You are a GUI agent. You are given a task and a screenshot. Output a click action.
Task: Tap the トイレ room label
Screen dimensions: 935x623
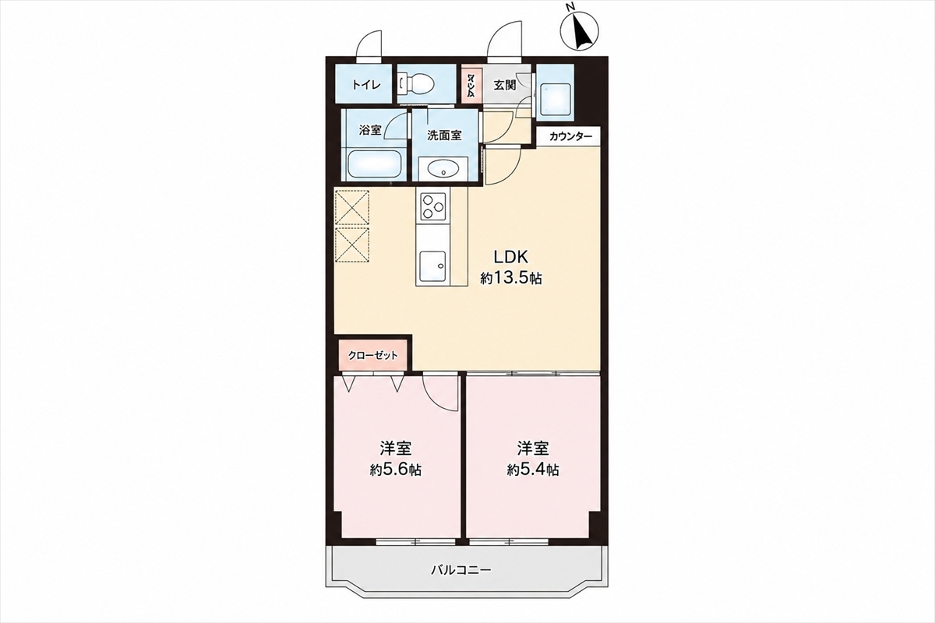click(366, 85)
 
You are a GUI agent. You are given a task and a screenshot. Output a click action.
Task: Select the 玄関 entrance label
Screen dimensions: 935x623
click(505, 86)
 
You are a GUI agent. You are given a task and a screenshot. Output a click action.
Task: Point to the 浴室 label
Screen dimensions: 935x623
click(370, 130)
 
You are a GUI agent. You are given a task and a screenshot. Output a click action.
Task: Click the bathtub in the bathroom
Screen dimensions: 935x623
click(376, 164)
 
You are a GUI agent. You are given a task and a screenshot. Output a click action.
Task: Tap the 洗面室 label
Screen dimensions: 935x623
click(444, 136)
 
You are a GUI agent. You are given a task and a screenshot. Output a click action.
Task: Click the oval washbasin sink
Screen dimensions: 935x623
click(444, 170)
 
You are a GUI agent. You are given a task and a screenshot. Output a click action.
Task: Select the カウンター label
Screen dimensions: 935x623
click(570, 136)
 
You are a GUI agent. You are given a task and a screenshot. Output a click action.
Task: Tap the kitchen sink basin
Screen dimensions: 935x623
click(432, 266)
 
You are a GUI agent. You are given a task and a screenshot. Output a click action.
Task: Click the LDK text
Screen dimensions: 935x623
click(511, 258)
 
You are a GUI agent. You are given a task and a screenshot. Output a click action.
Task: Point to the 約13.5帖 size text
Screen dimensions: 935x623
click(511, 278)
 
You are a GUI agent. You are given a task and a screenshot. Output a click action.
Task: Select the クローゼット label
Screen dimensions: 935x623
click(372, 356)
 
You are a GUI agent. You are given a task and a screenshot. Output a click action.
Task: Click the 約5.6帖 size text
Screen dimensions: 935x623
click(395, 470)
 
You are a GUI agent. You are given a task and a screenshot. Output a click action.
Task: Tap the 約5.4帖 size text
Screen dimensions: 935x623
click(533, 470)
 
